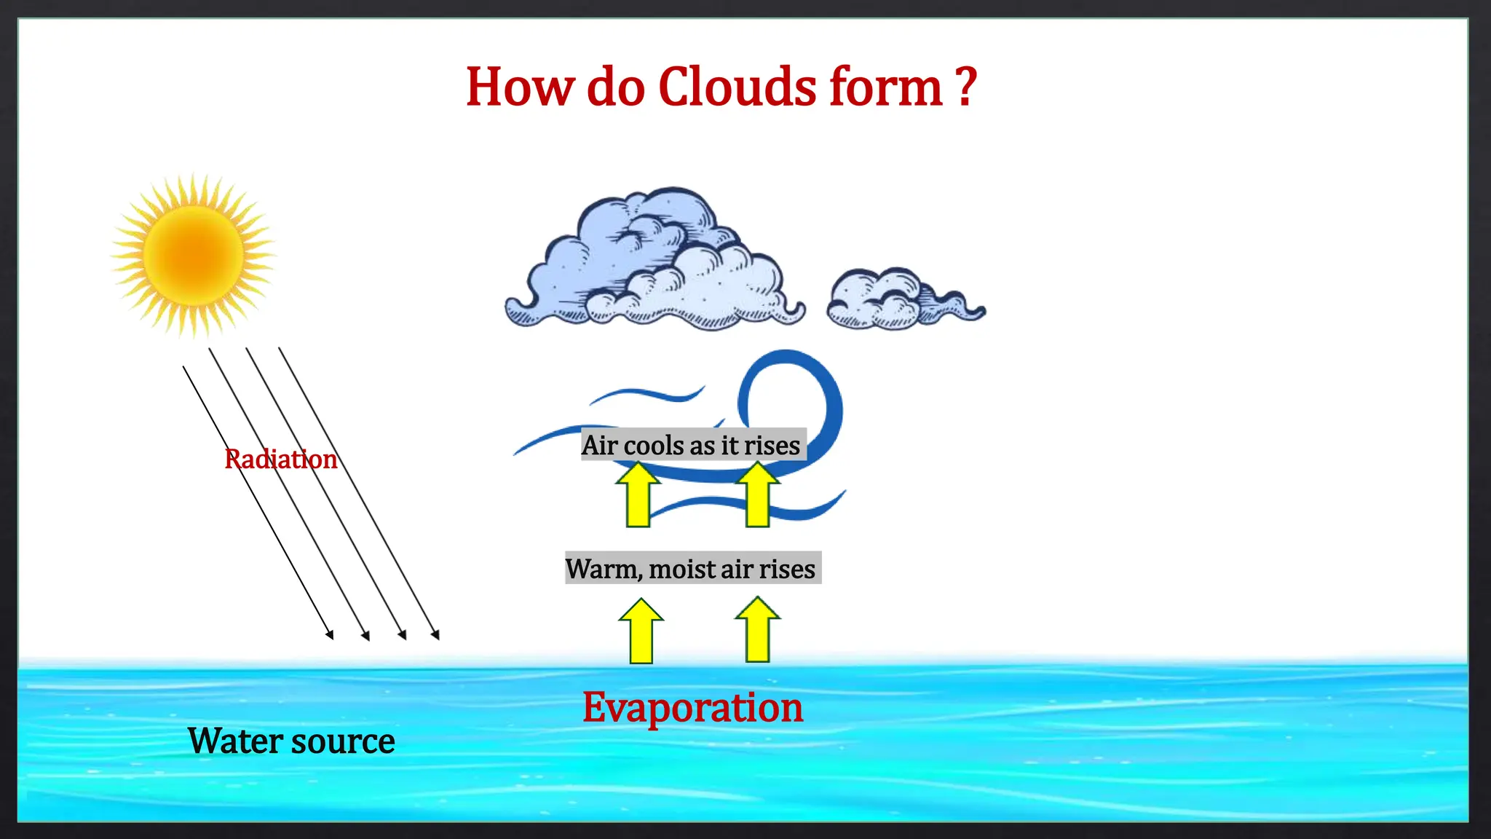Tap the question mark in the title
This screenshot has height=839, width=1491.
point(965,87)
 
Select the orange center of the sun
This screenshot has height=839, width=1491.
point(194,255)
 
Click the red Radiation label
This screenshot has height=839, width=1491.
point(281,459)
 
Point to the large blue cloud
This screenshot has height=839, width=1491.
point(655,262)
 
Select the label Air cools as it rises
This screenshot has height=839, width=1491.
point(692,444)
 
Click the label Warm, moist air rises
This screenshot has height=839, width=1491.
point(692,568)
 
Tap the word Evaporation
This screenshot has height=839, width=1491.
point(692,706)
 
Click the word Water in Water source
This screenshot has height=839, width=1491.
point(234,741)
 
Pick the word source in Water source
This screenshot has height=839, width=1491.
point(343,741)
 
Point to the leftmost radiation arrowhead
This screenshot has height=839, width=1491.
point(330,635)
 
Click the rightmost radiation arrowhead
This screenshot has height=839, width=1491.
point(435,635)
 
